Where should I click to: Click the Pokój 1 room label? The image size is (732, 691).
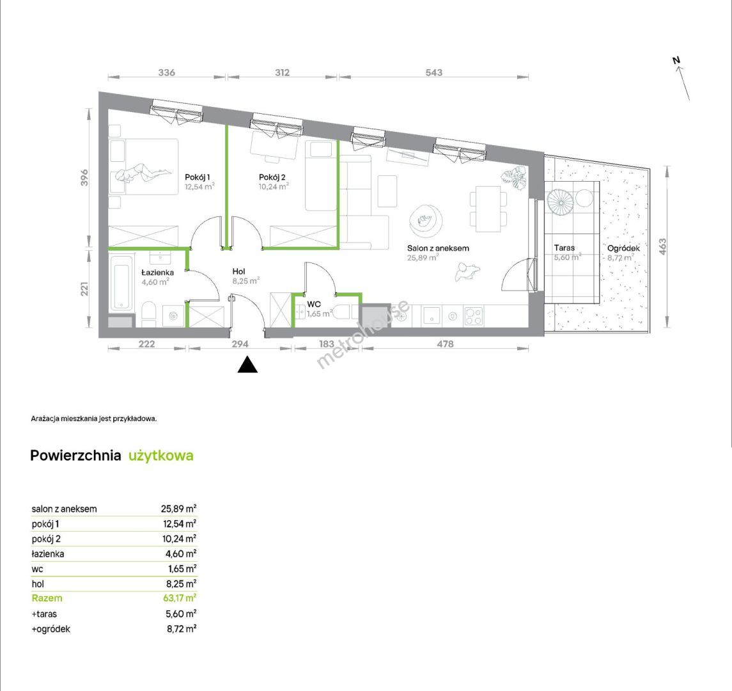click(x=197, y=177)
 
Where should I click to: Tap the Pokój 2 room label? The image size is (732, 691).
click(x=272, y=177)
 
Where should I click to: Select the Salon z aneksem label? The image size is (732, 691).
click(x=438, y=248)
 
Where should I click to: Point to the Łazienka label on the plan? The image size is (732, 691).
click(x=158, y=273)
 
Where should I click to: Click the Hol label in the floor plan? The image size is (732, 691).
click(x=238, y=271)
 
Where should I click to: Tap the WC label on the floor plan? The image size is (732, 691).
click(x=314, y=304)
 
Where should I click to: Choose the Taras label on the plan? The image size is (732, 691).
click(x=565, y=248)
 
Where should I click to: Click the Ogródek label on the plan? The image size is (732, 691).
click(x=624, y=248)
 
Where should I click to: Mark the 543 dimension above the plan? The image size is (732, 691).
click(x=433, y=72)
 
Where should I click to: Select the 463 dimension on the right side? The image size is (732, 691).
click(x=662, y=247)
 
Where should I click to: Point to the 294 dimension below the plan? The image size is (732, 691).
click(x=240, y=344)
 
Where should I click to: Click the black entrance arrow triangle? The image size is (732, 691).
click(x=247, y=365)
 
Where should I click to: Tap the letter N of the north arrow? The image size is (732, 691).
click(x=676, y=60)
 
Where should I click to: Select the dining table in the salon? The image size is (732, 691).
click(x=488, y=209)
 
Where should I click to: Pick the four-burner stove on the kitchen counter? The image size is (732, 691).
click(x=474, y=317)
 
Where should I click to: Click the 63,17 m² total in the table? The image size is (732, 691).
click(x=179, y=598)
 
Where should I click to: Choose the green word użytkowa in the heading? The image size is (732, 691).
click(x=161, y=456)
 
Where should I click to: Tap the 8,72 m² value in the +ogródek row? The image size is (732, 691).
click(x=182, y=629)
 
